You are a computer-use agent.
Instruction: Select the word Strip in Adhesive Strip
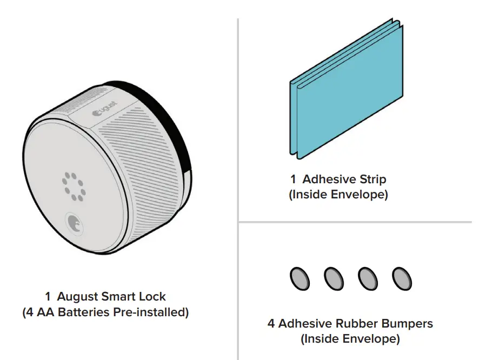(x=372, y=179)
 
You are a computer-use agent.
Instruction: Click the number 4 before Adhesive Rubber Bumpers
(x=271, y=324)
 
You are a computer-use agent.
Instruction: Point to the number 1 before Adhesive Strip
(x=294, y=179)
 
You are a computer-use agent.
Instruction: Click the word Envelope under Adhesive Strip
(x=362, y=195)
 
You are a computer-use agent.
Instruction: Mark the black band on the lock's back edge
(x=179, y=135)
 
